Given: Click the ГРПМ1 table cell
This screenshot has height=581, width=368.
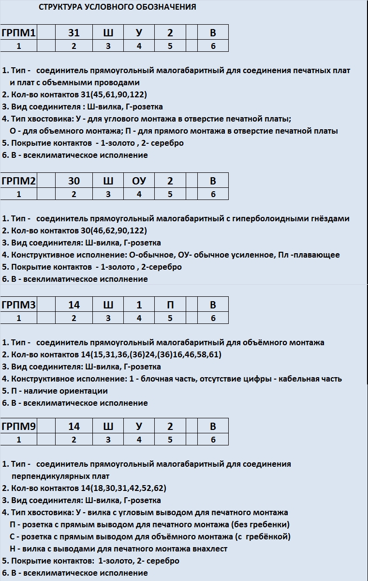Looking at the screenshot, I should (19, 33).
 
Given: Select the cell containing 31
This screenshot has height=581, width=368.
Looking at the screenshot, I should (74, 33).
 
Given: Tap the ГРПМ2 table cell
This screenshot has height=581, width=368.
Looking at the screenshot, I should (19, 181).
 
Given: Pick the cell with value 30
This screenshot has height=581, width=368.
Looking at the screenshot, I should (74, 181).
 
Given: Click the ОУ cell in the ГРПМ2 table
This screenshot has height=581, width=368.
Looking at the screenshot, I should (139, 181).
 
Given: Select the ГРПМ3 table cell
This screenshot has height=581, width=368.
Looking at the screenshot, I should (19, 305).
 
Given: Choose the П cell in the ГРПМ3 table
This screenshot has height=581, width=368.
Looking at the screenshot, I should (170, 305).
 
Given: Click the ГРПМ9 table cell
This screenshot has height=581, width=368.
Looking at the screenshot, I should (19, 427).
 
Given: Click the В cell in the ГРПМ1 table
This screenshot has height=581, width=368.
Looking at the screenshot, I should (213, 33).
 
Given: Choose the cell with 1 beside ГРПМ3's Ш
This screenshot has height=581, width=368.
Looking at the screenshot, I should (139, 305).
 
